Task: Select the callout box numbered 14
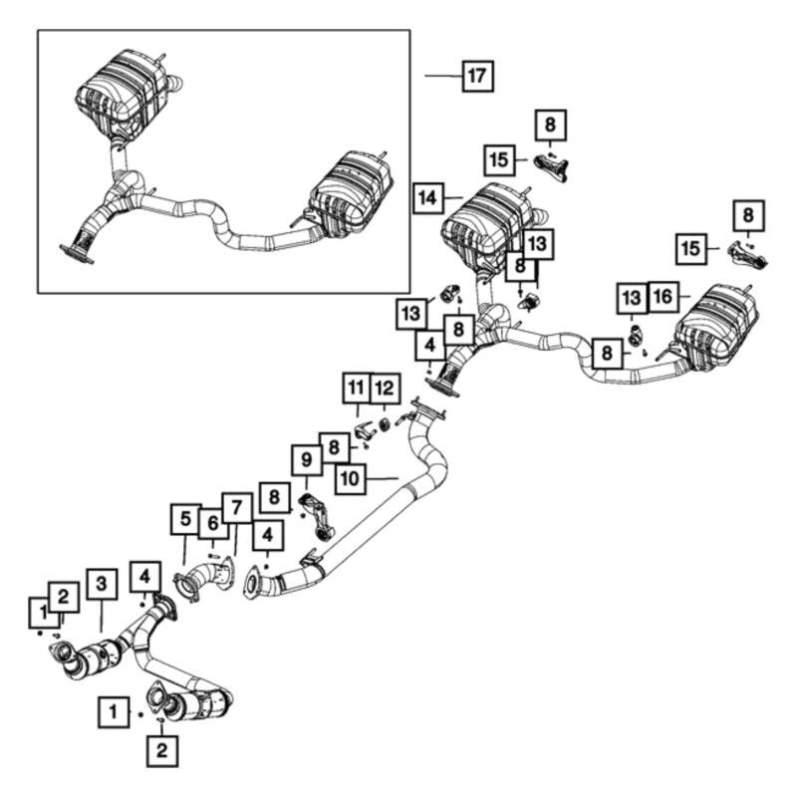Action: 426,199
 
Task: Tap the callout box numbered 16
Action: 664,296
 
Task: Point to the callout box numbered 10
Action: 349,479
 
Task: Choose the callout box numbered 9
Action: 307,460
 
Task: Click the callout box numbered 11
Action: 357,386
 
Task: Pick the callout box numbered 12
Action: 386,386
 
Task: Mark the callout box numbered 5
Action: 184,519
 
